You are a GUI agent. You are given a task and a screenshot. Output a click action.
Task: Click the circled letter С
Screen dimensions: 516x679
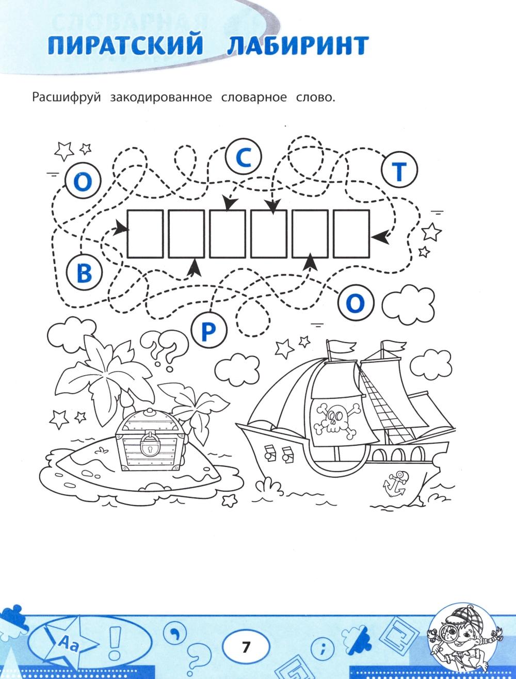pyautogui.click(x=244, y=157)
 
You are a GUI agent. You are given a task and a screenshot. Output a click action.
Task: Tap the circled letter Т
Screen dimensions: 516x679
pyautogui.click(x=399, y=170)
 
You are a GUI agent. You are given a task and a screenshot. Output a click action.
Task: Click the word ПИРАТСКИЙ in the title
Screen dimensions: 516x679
pyautogui.click(x=125, y=45)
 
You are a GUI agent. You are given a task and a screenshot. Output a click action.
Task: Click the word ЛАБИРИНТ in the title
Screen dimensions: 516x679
pyautogui.click(x=298, y=45)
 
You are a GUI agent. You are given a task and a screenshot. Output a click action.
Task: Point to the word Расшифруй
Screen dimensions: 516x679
pyautogui.click(x=67, y=98)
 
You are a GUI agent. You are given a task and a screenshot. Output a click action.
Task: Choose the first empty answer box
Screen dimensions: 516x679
pyautogui.click(x=145, y=234)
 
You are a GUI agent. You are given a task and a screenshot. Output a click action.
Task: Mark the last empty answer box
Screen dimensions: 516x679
pyautogui.click(x=352, y=234)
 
